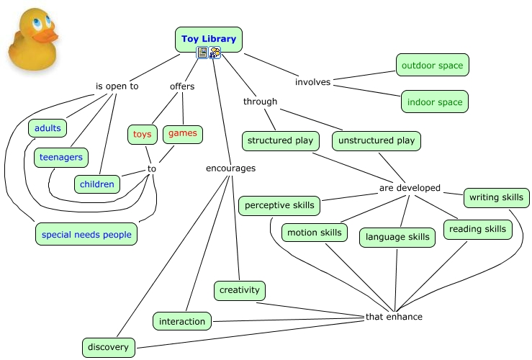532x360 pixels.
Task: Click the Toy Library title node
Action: click(x=209, y=40)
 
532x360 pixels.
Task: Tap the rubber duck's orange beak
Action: click(x=46, y=36)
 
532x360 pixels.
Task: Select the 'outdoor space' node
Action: click(x=432, y=65)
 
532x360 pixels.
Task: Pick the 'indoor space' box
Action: click(x=435, y=102)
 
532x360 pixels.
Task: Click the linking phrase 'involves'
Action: click(x=312, y=82)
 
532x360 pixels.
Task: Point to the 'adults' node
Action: click(x=48, y=128)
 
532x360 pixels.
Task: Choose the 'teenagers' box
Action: click(x=61, y=158)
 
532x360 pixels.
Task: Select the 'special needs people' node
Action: click(x=86, y=234)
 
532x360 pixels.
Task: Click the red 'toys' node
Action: click(x=142, y=135)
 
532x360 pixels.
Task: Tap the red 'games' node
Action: click(x=183, y=133)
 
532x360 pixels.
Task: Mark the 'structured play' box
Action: click(x=281, y=141)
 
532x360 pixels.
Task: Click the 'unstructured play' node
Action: click(x=377, y=141)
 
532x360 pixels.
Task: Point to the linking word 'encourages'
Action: click(x=230, y=168)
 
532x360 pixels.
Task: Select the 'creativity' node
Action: click(x=240, y=290)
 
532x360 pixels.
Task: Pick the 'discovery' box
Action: click(x=109, y=348)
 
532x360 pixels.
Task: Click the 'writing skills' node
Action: click(x=497, y=197)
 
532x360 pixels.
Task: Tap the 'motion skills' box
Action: click(x=315, y=233)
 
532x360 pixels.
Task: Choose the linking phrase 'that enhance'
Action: click(x=394, y=317)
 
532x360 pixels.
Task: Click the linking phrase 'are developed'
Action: click(x=410, y=188)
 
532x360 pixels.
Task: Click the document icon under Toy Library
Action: click(x=202, y=53)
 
